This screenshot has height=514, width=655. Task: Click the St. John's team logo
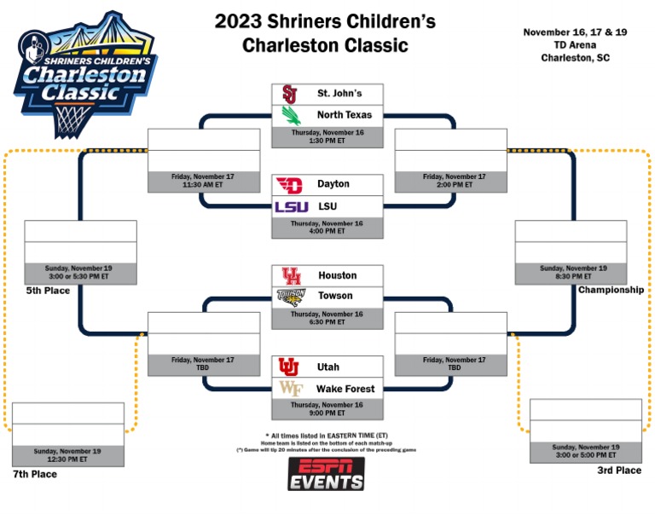(x=289, y=94)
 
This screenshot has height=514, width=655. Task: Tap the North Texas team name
(x=345, y=115)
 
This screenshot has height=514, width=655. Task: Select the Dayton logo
(x=289, y=185)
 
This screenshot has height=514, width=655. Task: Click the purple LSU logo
(x=291, y=206)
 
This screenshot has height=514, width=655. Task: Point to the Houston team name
(x=337, y=276)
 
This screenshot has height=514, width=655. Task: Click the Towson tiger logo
(x=290, y=297)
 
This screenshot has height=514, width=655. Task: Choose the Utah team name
(x=330, y=367)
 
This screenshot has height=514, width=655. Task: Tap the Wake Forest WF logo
(x=289, y=389)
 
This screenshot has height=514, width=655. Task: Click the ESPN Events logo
(x=326, y=474)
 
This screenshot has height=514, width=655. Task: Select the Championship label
(x=611, y=290)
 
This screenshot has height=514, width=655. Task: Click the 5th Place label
(x=48, y=291)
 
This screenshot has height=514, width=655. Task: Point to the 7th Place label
(x=35, y=474)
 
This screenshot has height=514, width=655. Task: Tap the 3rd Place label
(x=619, y=470)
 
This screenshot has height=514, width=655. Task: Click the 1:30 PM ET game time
(x=327, y=140)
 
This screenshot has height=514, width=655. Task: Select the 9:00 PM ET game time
(x=327, y=413)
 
